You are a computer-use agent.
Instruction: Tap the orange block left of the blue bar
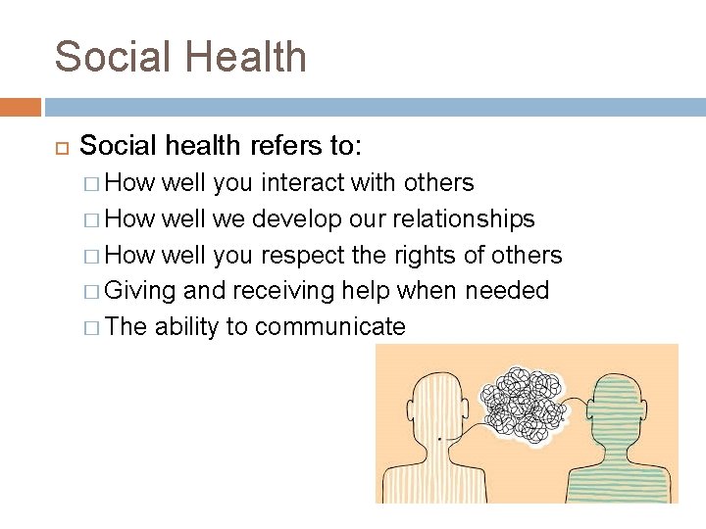(x=20, y=107)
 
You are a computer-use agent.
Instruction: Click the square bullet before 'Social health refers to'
(x=58, y=147)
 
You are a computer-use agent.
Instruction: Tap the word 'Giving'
(x=140, y=291)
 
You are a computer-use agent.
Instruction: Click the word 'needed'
(x=507, y=291)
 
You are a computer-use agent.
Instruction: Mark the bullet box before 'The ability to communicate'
(x=91, y=326)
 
